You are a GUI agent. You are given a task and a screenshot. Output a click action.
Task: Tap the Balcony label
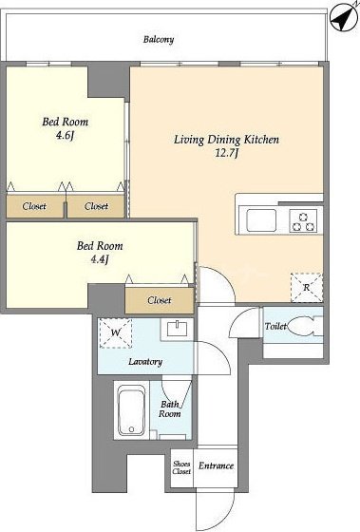pyautogui.click(x=159, y=39)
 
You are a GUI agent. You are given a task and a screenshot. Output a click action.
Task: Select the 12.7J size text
pyautogui.click(x=227, y=153)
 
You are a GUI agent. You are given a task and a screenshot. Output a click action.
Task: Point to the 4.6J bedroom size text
pyautogui.click(x=65, y=135)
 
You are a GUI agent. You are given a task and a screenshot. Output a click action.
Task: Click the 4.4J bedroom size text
pyautogui.click(x=100, y=259)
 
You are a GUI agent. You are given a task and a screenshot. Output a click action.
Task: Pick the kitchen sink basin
pyautogui.click(x=261, y=220)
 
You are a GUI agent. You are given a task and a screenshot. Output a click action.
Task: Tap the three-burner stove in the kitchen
pyautogui.click(x=303, y=220)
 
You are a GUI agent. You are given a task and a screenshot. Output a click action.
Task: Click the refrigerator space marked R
pyautogui.click(x=307, y=288)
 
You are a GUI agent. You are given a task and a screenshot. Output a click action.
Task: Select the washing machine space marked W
pyautogui.click(x=115, y=333)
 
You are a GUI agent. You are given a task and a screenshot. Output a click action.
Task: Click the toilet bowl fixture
pyautogui.click(x=300, y=327)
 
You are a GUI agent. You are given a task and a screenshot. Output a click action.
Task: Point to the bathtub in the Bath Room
pyautogui.click(x=132, y=410)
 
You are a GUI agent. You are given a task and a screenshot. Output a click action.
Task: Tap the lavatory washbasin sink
pyautogui.click(x=178, y=328)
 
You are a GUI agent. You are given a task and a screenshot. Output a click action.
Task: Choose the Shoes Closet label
pyautogui.click(x=181, y=467)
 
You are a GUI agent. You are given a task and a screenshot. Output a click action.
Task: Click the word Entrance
pyautogui.click(x=216, y=465)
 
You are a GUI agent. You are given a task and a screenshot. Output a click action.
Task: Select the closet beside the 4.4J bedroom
pyautogui.click(x=160, y=300)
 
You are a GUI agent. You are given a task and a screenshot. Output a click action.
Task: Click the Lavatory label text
pyautogui.click(x=145, y=362)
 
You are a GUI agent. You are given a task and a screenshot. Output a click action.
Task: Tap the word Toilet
pyautogui.click(x=275, y=327)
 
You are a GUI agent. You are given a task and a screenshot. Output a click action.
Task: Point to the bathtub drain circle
pyautogui.click(x=132, y=429)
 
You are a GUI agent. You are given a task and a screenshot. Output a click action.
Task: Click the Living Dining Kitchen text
pyautogui.click(x=226, y=140)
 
